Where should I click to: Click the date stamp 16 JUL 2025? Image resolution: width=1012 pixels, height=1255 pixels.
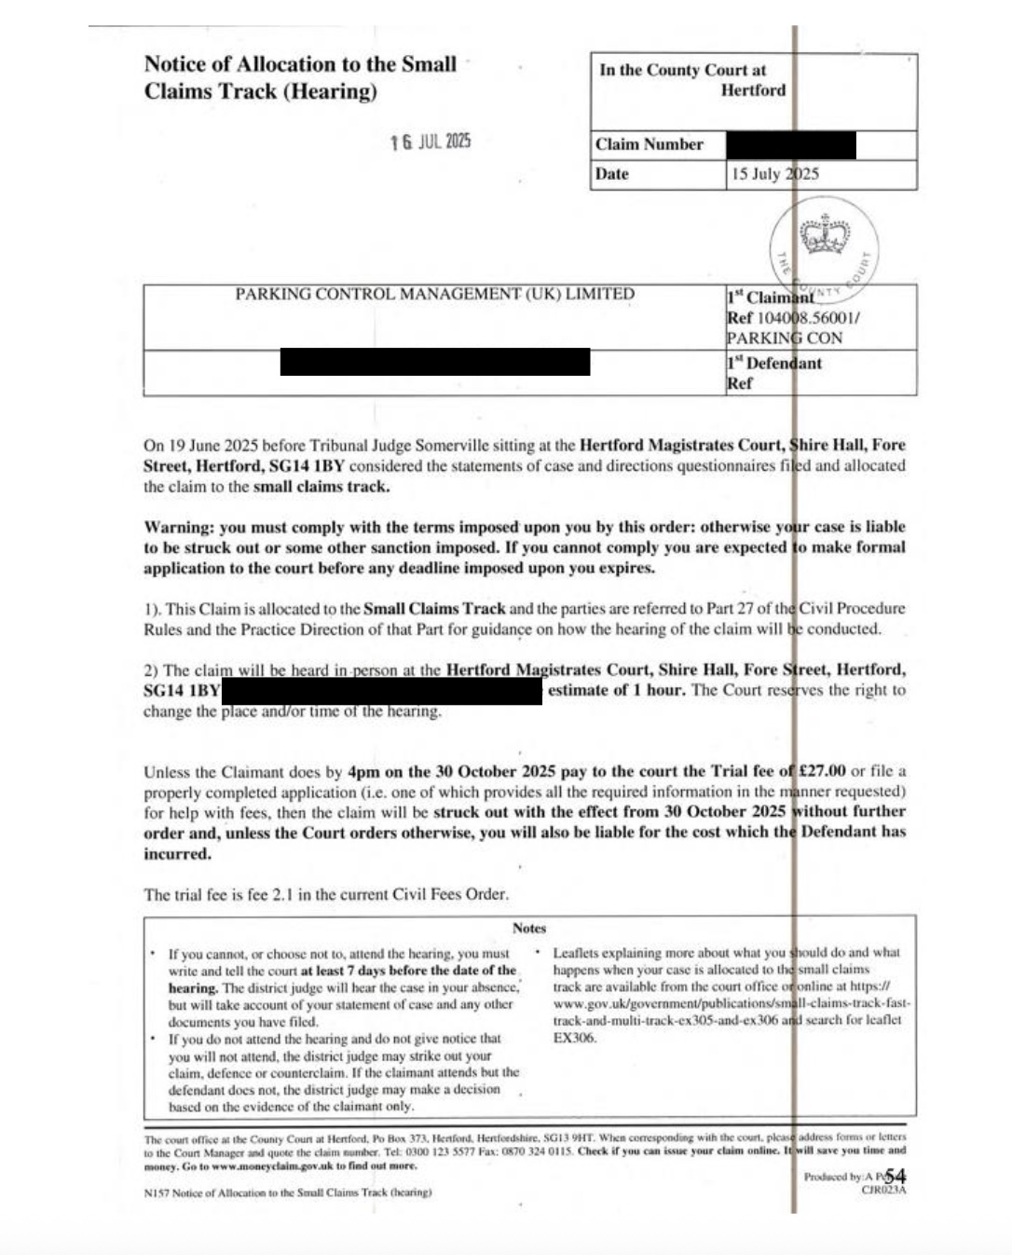[431, 142]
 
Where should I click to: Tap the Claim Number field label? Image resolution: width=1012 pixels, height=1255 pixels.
[650, 145]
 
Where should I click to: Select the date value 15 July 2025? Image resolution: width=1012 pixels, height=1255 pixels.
[774, 174]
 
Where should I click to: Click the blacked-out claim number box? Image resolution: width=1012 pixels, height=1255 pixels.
[791, 145]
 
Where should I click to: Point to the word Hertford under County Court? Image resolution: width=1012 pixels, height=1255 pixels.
[753, 90]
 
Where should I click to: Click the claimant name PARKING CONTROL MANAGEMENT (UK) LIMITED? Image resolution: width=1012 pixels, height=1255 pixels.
[434, 295]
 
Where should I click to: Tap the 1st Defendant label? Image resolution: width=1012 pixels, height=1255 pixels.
[774, 364]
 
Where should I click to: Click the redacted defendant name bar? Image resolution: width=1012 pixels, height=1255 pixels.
[434, 362]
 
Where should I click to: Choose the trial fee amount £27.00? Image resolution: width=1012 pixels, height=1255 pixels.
[822, 771]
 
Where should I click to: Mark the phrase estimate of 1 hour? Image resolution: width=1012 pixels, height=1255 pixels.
[616, 691]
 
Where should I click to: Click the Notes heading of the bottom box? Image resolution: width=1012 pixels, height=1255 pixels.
[529, 929]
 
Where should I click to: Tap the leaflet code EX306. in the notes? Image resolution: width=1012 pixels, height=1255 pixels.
[575, 1038]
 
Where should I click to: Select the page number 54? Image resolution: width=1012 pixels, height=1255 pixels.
[896, 1176]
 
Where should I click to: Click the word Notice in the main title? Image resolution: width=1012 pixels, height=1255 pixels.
[173, 64]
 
